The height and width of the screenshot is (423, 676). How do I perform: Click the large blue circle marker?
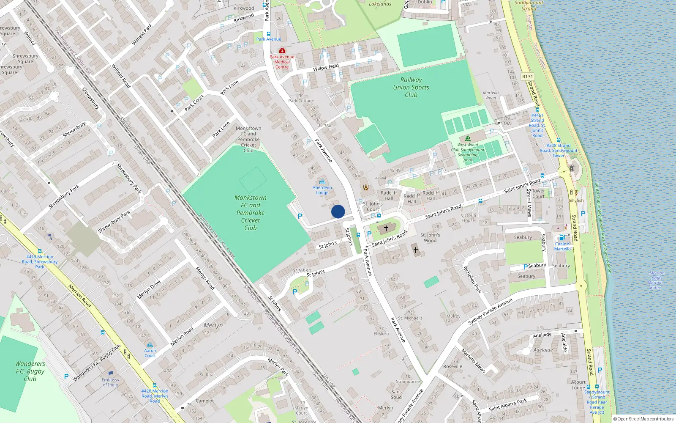pos(338,211)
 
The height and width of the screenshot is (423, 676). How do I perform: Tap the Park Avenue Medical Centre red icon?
pos(282,51)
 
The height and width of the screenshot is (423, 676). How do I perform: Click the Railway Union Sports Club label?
pos(411,87)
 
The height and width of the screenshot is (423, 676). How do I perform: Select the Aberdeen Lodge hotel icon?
pos(322,182)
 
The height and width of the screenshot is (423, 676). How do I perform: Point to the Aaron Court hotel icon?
pos(150,345)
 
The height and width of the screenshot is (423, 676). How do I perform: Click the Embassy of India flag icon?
pos(110,374)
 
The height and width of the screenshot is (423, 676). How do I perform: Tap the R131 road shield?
pos(527,77)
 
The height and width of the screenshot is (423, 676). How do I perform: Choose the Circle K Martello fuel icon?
pos(562,238)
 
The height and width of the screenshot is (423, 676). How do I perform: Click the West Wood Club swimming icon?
pos(468,139)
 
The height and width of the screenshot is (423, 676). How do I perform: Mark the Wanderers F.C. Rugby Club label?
pos(30,371)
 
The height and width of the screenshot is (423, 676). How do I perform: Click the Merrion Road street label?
pos(80,296)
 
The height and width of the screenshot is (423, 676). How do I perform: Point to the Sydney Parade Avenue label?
pos(490,311)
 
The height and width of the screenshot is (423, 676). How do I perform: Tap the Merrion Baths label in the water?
pos(656,280)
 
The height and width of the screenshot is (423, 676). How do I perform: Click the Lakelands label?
pos(380,4)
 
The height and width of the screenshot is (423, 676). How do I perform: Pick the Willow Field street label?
pos(326,67)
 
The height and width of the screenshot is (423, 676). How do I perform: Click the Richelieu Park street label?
pos(472,280)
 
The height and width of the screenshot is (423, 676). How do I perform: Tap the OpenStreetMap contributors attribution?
pos(643,419)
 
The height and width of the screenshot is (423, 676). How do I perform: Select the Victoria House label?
pos(468,218)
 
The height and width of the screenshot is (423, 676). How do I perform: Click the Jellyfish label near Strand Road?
pos(576,201)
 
